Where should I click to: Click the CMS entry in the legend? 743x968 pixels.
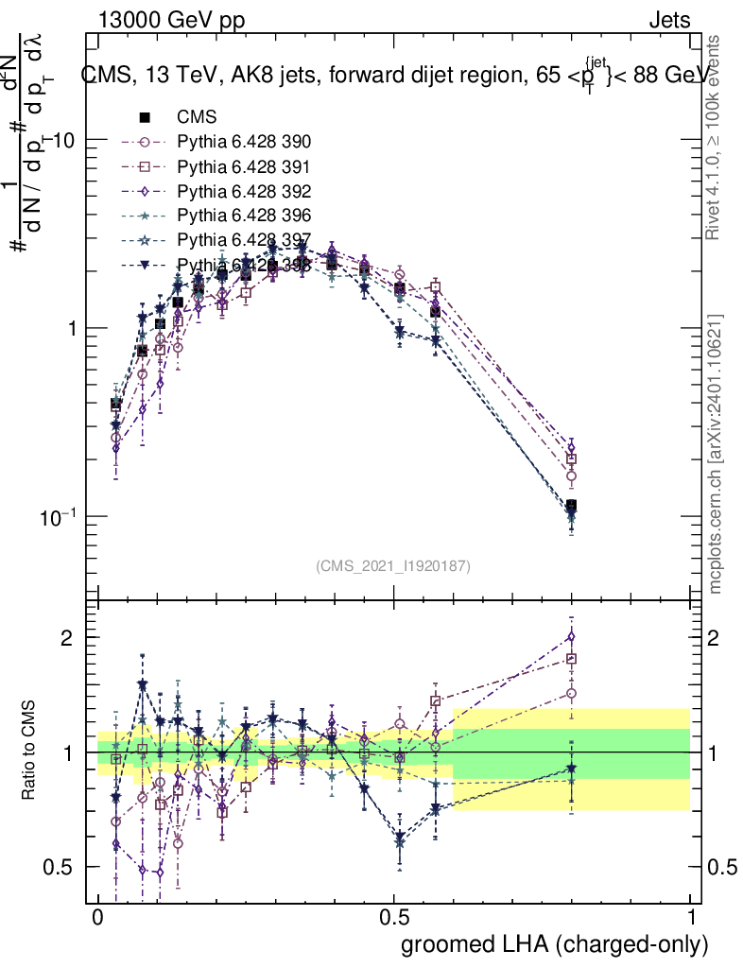(x=197, y=118)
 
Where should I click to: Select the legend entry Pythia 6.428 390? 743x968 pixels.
(x=244, y=143)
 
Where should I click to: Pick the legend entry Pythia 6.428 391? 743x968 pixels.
(x=244, y=166)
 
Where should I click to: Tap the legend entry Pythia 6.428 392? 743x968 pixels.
(x=244, y=191)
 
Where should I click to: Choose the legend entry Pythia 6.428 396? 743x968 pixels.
(x=244, y=216)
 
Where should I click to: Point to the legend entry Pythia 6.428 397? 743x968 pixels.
(x=244, y=240)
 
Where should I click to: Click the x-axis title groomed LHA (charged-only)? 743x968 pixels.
(x=556, y=944)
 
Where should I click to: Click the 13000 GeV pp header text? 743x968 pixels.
(x=171, y=20)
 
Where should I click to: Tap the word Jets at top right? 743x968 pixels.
(x=669, y=20)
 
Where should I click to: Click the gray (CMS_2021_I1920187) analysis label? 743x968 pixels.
(x=393, y=566)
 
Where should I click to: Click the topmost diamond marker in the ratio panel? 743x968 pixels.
(x=571, y=637)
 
